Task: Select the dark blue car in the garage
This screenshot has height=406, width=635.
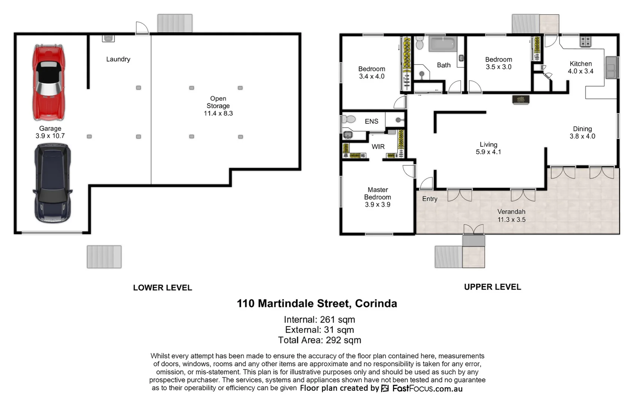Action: coord(52,183)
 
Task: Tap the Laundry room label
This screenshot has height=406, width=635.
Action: coord(118,59)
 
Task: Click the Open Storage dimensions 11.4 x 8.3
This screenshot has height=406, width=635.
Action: coord(218,114)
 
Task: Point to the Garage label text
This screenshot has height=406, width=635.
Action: coord(50,129)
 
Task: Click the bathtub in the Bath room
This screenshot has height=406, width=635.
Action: coord(443,44)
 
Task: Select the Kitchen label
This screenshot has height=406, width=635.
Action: coord(581,64)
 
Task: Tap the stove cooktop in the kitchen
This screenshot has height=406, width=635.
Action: coord(585,41)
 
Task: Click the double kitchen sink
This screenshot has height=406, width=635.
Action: coord(611,68)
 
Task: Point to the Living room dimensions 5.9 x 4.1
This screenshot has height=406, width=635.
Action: coord(488,152)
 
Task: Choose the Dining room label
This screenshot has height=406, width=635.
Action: coord(582,129)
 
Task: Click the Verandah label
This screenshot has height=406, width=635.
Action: coord(511,212)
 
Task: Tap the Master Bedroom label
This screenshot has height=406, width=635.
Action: coord(378,193)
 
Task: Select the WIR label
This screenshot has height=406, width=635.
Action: coord(378,147)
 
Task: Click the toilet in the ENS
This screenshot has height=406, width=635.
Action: coord(349,120)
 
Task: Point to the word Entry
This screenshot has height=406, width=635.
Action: coord(429,199)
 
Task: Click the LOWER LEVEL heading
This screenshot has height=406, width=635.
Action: coord(162,288)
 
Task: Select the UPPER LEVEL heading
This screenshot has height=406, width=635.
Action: coord(492,287)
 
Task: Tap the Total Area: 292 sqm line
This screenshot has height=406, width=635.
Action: coord(319,340)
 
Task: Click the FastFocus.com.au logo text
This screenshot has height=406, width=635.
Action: coord(427,388)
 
